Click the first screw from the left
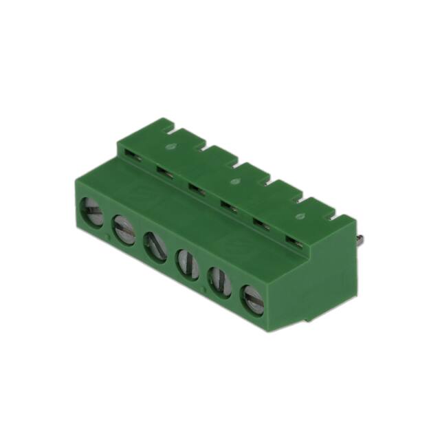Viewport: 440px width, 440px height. click(92, 212)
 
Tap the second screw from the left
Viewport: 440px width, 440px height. click(124, 229)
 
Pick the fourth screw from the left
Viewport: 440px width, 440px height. click(186, 263)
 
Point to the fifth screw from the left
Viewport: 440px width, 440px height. click(219, 280)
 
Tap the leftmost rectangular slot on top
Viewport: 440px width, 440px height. click(135, 158)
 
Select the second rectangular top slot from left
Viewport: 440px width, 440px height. click(164, 170)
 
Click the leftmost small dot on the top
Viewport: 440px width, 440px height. click(173, 146)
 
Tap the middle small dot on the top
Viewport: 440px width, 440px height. click(235, 182)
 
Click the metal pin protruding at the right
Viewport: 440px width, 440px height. click(360, 239)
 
